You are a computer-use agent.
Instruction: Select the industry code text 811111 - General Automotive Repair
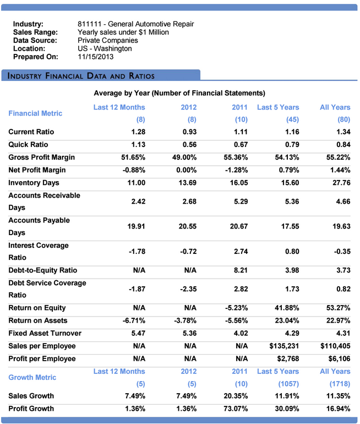[x=135, y=24]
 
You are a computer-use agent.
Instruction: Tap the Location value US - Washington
[x=105, y=48]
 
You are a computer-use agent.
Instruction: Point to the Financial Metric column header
[x=35, y=113]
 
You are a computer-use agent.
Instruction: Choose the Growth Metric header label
[x=32, y=377]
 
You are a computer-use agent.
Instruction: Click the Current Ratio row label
[x=31, y=132]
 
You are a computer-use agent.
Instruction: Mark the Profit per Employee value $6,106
[x=336, y=358]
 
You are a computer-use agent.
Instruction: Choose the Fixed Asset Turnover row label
[x=45, y=333]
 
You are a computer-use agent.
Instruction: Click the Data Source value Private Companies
[x=108, y=40]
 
